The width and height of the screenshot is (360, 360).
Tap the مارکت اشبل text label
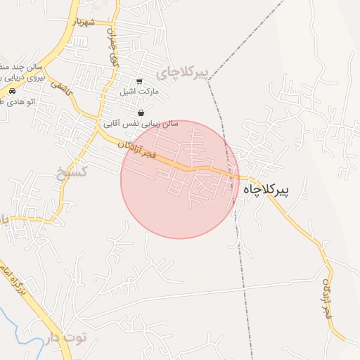coord(140,92)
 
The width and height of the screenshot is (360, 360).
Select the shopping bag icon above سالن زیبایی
coord(141,112)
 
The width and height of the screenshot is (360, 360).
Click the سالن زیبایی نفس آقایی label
coord(141,124)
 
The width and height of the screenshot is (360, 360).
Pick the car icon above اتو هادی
coord(13,91)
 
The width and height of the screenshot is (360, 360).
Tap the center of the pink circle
coord(179,179)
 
